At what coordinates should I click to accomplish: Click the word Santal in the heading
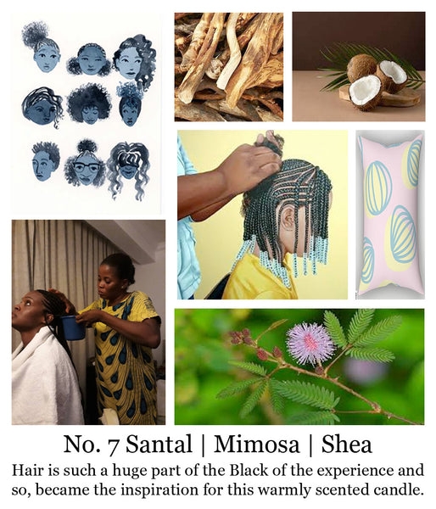[x=159, y=444]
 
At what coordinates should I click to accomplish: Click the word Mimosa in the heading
[x=256, y=444]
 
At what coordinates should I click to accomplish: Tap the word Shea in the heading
[x=346, y=444]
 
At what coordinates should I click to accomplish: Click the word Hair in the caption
[x=27, y=470]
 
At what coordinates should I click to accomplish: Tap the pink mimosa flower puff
[x=310, y=343]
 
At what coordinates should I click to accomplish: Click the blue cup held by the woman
[x=72, y=327]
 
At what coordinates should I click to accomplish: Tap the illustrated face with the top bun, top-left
[x=47, y=59]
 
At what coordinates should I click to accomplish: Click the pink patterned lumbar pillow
[x=390, y=215]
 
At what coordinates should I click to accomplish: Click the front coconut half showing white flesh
[x=366, y=92]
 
